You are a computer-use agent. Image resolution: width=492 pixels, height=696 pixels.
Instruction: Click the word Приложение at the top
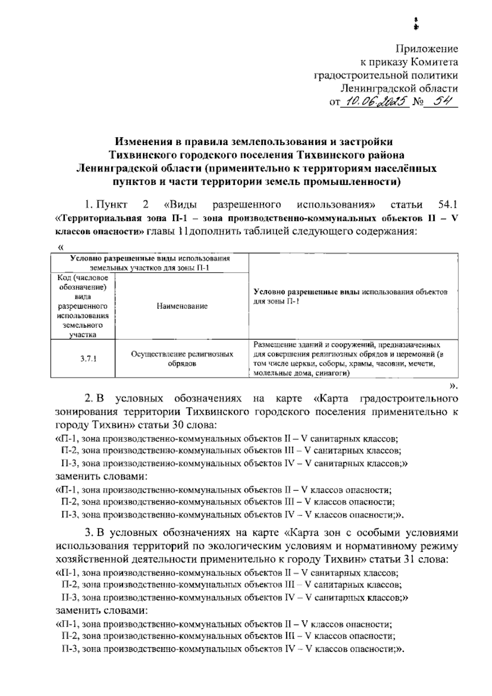point(426,49)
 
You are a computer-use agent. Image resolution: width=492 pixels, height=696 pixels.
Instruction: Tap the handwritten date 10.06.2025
point(375,100)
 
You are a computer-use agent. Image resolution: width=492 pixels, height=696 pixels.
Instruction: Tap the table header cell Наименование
point(182,306)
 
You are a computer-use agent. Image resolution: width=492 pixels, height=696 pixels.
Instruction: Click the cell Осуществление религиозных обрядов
point(182,358)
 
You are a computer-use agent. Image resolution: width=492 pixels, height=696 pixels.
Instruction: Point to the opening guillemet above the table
point(61,248)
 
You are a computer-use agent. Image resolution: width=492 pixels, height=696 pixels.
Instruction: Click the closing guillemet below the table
point(453,385)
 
